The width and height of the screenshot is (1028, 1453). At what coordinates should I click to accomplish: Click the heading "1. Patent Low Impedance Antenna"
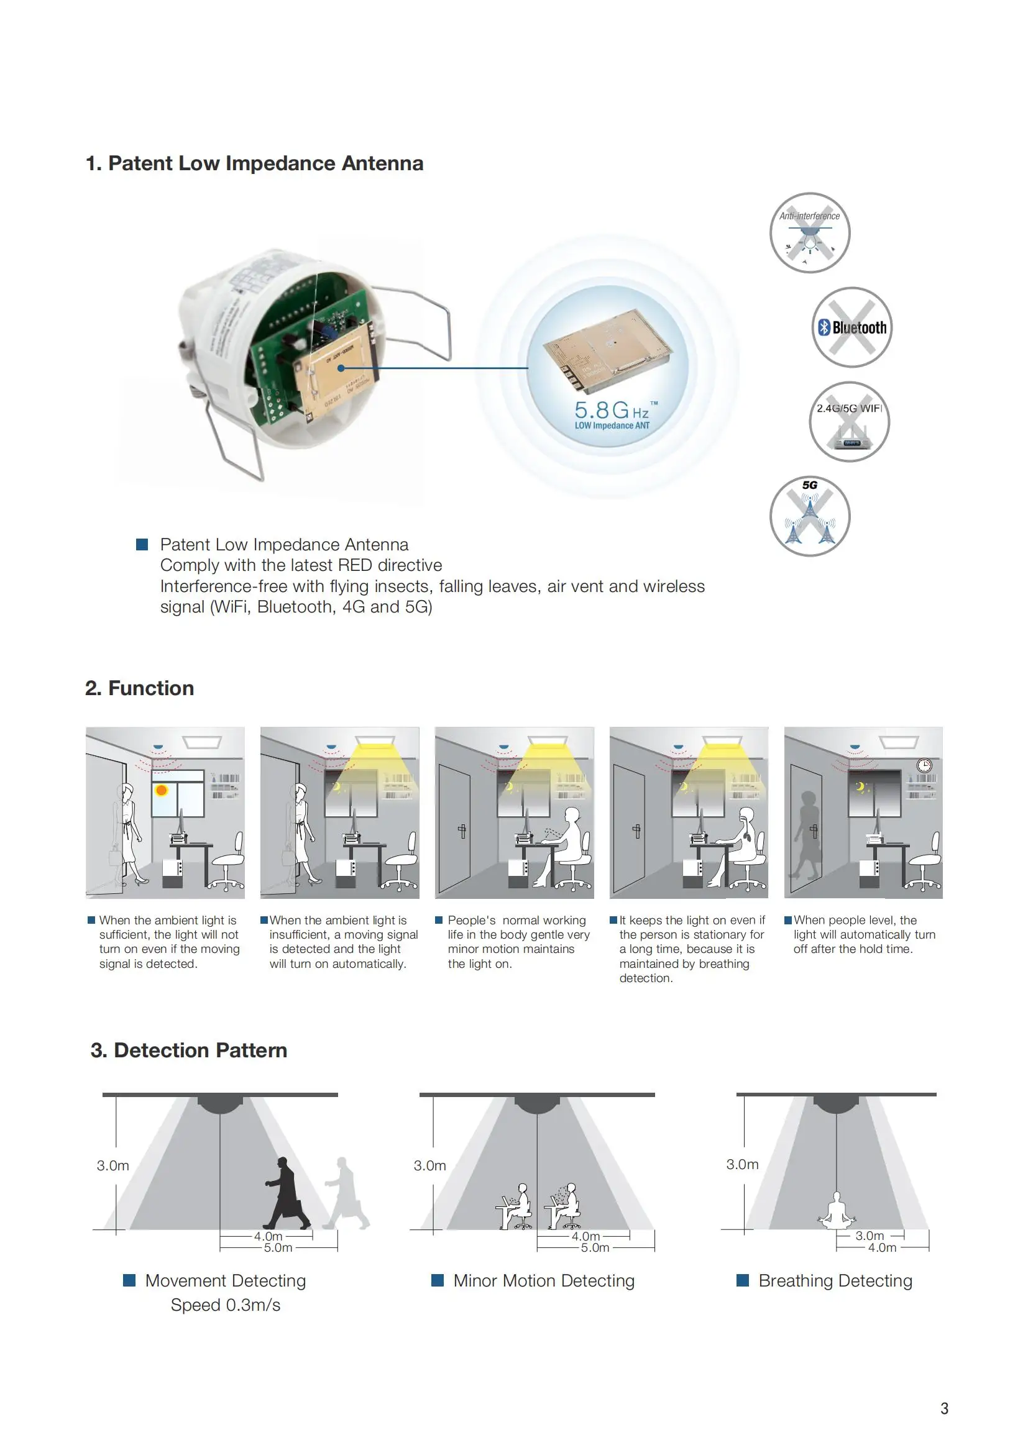tap(254, 163)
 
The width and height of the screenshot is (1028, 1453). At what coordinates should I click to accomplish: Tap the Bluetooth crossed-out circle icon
tap(852, 327)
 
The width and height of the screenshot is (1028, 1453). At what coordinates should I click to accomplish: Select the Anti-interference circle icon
tap(810, 233)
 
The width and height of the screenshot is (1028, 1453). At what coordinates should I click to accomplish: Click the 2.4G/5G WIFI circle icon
tap(849, 421)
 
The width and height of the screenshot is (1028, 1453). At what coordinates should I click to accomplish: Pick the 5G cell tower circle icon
tap(810, 516)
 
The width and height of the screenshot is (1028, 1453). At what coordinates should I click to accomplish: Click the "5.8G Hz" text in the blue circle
tap(612, 409)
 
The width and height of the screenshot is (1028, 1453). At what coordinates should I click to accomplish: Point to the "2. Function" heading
tap(140, 688)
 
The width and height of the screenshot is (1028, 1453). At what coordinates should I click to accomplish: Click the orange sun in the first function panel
tap(162, 790)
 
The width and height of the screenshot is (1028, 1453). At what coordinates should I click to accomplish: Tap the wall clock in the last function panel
tap(924, 765)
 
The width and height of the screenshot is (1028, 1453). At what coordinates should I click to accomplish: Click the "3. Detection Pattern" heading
tap(189, 1050)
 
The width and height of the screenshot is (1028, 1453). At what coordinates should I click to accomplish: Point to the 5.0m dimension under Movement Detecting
tap(278, 1247)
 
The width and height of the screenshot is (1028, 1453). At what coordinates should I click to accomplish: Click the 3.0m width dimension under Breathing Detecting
tap(869, 1236)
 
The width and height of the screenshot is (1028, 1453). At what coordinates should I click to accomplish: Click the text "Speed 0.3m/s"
tap(226, 1305)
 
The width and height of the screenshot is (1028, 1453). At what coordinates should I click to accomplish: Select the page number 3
tap(944, 1409)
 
